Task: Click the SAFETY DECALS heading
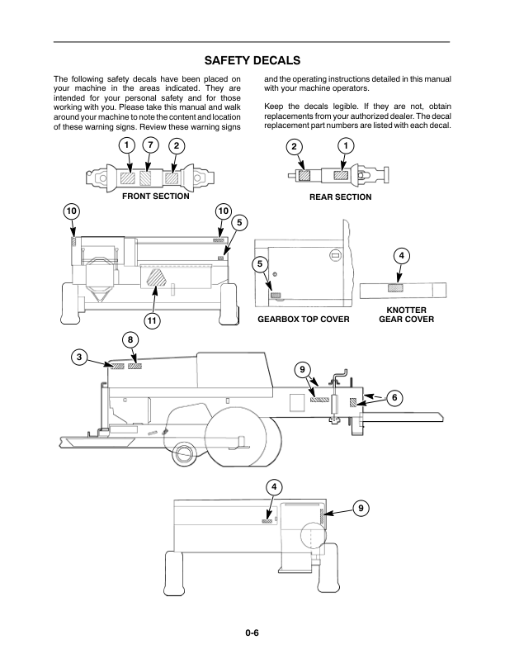(252, 60)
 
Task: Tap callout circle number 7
(149, 146)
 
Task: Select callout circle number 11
(152, 320)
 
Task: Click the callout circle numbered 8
(130, 339)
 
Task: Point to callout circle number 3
(78, 357)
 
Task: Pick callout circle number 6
(394, 398)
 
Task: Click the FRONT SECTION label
(155, 197)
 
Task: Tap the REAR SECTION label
(341, 197)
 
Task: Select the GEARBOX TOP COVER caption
(304, 319)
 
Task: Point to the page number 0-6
(252, 633)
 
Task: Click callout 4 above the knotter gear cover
(400, 255)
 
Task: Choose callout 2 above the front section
(176, 146)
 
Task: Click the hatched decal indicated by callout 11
(155, 278)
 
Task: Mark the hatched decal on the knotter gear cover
(396, 287)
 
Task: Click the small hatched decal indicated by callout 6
(353, 402)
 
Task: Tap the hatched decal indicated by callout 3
(118, 365)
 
